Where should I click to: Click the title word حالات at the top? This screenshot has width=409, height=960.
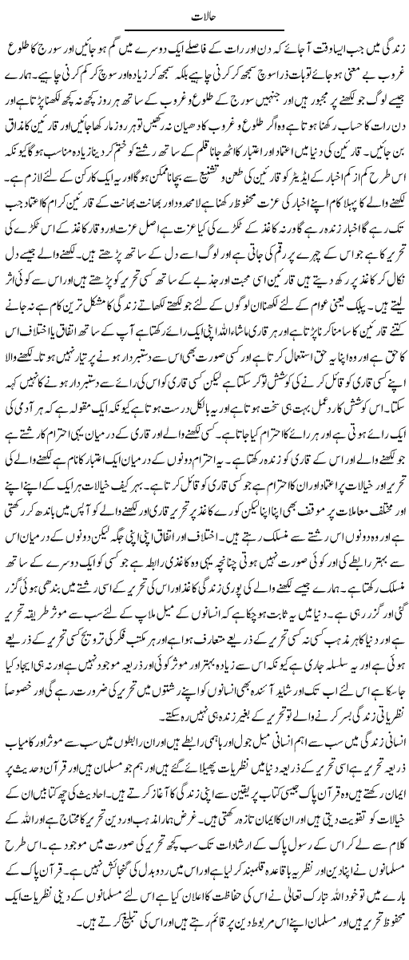click(x=204, y=14)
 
